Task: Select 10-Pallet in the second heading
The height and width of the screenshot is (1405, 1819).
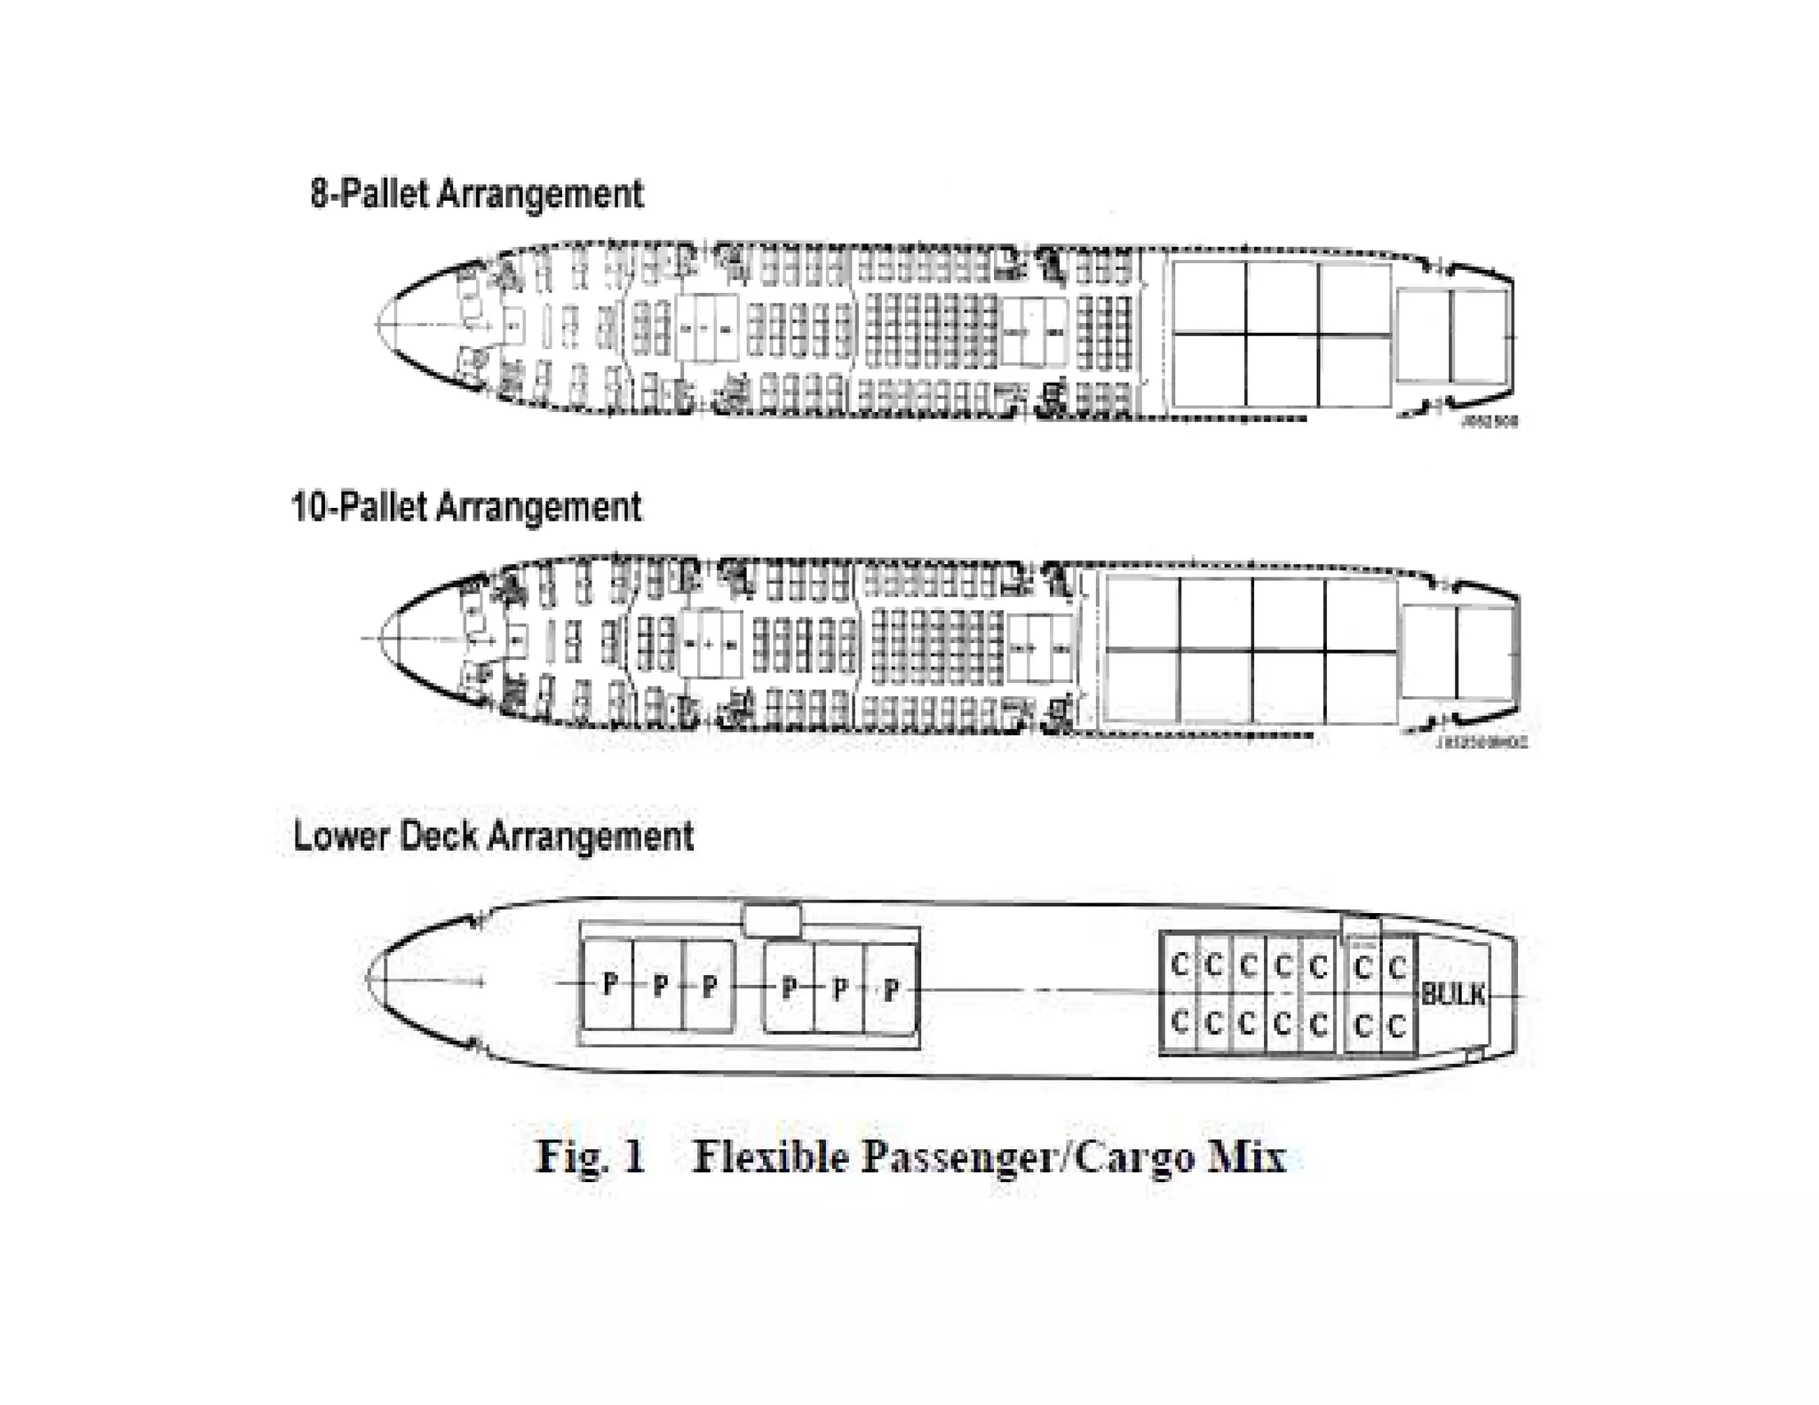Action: [x=359, y=508]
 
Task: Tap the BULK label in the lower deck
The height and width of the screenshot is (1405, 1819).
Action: [x=1453, y=994]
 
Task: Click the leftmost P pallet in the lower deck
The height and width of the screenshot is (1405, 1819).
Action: [x=609, y=984]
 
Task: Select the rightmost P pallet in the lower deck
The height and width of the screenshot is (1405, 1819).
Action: [x=890, y=988]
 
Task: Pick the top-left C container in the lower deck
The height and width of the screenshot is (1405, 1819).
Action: [x=1180, y=964]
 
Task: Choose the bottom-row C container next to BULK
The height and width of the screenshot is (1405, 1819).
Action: [x=1396, y=1026]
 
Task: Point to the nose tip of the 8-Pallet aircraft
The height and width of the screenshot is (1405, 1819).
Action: [x=377, y=326]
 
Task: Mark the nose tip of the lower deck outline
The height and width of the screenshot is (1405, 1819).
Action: [x=368, y=979]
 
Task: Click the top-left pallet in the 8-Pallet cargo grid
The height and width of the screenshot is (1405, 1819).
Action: [x=1209, y=297]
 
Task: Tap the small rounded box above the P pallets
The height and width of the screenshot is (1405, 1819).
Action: [x=772, y=919]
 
